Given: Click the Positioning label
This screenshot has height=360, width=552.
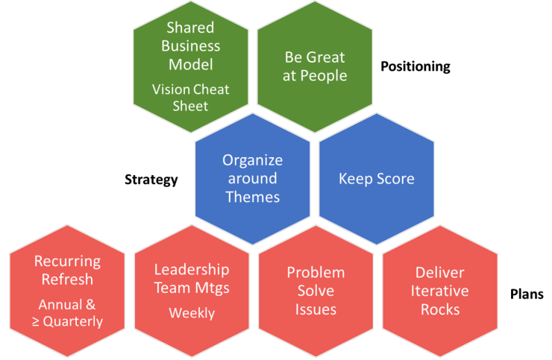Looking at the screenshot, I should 415,66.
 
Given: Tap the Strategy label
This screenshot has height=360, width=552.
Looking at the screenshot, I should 151,180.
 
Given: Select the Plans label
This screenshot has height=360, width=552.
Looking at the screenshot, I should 526,295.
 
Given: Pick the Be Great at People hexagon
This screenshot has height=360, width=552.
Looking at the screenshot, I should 316,66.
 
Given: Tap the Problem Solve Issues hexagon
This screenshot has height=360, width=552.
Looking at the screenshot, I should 316,291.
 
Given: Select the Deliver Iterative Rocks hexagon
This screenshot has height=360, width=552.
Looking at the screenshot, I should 440,291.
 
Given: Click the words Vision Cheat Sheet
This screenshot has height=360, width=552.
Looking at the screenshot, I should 191,98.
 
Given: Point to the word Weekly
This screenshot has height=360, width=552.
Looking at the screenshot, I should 192,312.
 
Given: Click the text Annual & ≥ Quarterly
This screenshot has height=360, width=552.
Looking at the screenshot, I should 68,313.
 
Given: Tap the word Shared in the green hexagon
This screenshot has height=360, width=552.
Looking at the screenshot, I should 191,28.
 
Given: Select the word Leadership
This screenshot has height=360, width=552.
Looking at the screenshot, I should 192,270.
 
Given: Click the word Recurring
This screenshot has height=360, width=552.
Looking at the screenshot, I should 68,262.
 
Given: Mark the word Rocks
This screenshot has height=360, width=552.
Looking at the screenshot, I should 440,309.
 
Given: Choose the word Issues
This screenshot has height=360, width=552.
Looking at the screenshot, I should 316,309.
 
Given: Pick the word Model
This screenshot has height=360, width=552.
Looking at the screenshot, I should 191,63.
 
